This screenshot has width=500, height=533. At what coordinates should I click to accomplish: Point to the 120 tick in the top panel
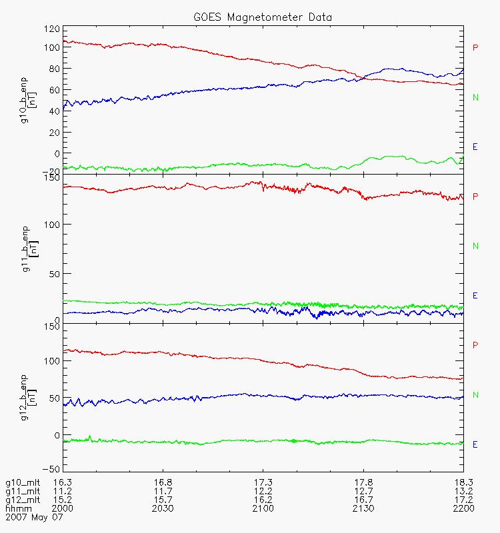[x=51, y=29]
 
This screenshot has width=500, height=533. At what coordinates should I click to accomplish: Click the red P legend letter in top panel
[x=475, y=48]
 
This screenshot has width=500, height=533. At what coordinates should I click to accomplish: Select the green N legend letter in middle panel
[x=475, y=246]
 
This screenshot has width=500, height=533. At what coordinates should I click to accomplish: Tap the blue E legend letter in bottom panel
[x=475, y=444]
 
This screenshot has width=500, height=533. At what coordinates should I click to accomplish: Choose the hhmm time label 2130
[x=363, y=508]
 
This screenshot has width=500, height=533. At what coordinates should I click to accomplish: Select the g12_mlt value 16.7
[x=363, y=500]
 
